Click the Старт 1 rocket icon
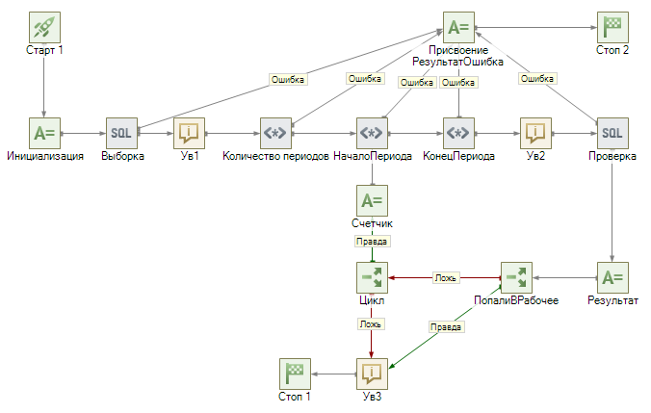(44, 27)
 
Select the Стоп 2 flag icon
(612, 27)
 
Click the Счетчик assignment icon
(372, 200)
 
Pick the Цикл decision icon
(372, 277)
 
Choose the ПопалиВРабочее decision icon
(516, 277)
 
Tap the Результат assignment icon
(612, 277)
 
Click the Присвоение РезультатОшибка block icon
(458, 27)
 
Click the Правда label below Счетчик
(372, 242)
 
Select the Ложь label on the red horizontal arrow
(445, 277)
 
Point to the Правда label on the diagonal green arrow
(446, 327)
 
